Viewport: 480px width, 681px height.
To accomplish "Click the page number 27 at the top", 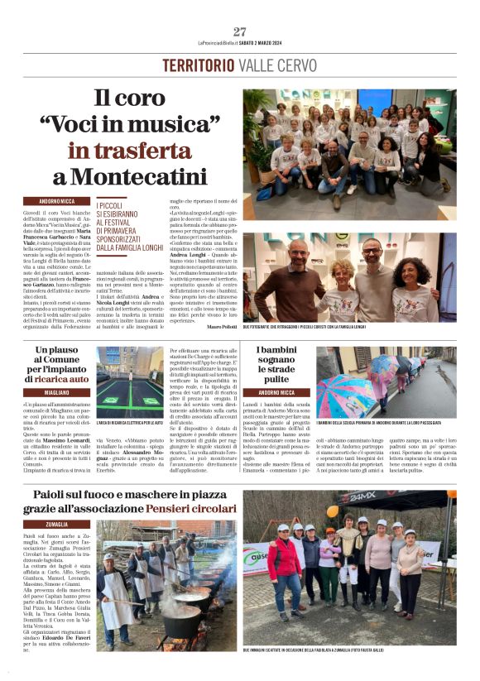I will [x=240, y=31].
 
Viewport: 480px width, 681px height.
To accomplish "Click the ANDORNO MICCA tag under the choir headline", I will [x=58, y=201].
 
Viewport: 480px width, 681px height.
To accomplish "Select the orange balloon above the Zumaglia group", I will [x=333, y=511].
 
